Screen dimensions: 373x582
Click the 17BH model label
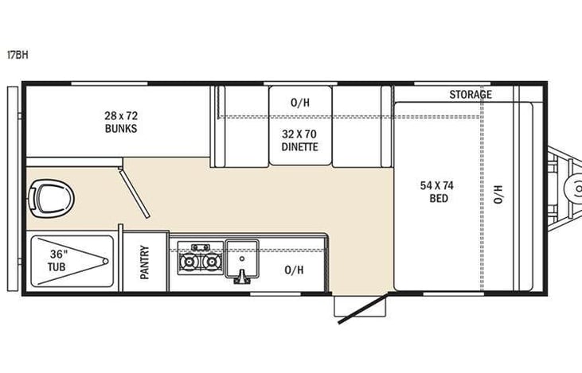tap(16, 56)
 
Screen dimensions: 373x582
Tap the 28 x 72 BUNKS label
tap(119, 121)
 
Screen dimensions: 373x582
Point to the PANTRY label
tap(146, 262)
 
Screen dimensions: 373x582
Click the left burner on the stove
tap(190, 261)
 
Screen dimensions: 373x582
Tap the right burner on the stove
tap(210, 261)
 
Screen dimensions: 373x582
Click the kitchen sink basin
tap(244, 256)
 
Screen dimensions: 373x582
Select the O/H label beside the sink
tap(294, 270)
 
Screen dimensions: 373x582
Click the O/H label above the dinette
tap(299, 102)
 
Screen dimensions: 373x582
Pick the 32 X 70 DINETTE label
tap(299, 141)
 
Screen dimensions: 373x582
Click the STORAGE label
tap(470, 95)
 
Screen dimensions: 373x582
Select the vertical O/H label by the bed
tap(499, 192)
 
